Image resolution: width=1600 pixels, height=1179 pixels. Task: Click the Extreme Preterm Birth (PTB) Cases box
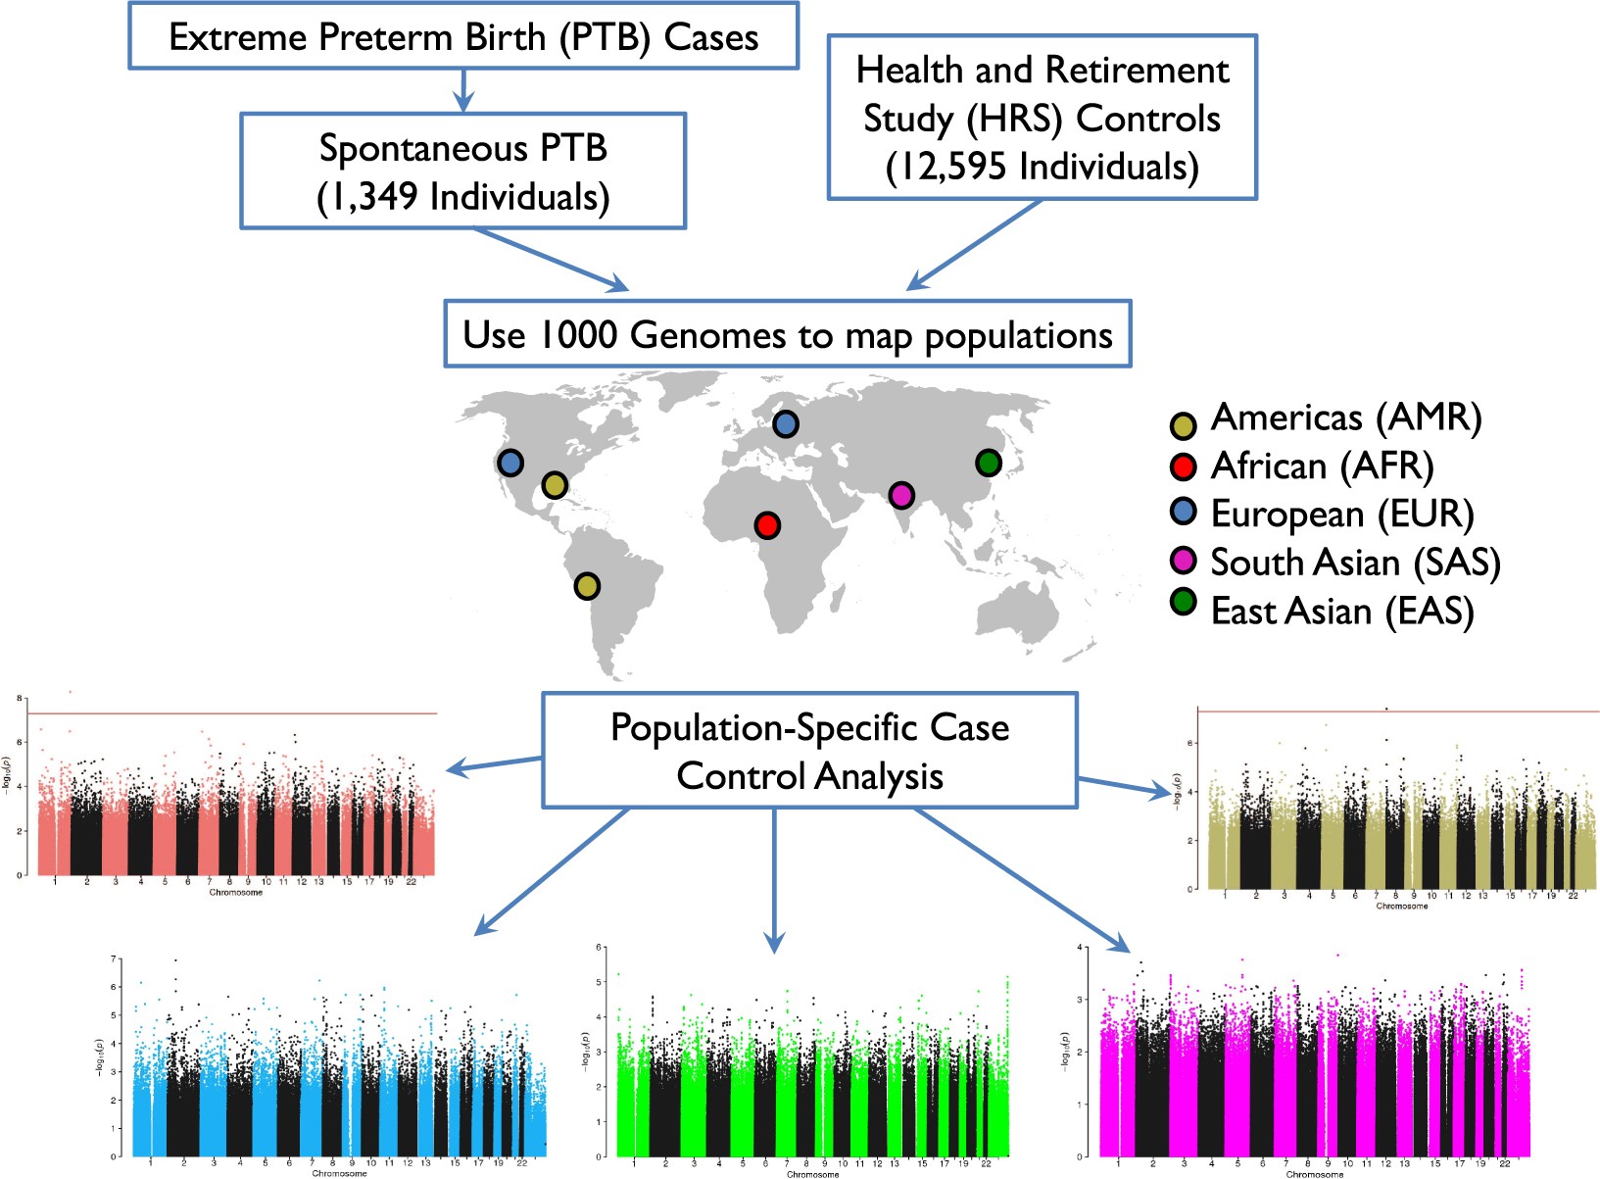[463, 36]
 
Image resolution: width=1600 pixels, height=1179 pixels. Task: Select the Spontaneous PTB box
[462, 172]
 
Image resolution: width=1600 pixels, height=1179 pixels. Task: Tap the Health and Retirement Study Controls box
[1042, 118]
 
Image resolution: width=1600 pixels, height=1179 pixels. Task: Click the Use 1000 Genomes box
[787, 334]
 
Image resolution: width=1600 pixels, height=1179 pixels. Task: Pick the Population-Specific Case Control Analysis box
[809, 751]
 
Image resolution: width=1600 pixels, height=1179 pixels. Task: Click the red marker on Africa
[767, 525]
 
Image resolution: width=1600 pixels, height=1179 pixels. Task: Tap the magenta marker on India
[901, 495]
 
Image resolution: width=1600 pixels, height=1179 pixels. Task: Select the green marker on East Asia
[989, 463]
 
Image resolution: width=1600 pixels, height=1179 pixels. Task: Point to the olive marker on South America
[586, 586]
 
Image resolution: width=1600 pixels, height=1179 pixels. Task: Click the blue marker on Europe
[786, 423]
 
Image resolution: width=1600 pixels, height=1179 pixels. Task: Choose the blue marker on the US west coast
[510, 463]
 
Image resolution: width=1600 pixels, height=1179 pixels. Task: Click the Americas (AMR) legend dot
[1184, 424]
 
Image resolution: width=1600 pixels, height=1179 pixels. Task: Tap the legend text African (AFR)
[1322, 466]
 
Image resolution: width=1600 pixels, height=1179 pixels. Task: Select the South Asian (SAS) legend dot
[1184, 560]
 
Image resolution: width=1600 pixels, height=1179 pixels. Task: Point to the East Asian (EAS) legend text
[1341, 611]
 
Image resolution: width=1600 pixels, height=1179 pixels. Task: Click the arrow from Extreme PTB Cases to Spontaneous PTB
[463, 90]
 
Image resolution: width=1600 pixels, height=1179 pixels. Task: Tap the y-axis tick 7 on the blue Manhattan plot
[114, 959]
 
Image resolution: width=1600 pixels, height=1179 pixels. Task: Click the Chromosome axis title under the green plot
[812, 1174]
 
